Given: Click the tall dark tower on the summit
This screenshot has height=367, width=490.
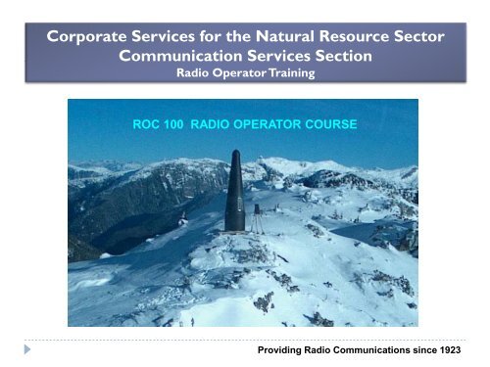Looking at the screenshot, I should (234, 196).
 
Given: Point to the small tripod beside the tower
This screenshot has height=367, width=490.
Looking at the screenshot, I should (257, 220).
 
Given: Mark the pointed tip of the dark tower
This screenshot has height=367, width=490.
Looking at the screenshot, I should (234, 153).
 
